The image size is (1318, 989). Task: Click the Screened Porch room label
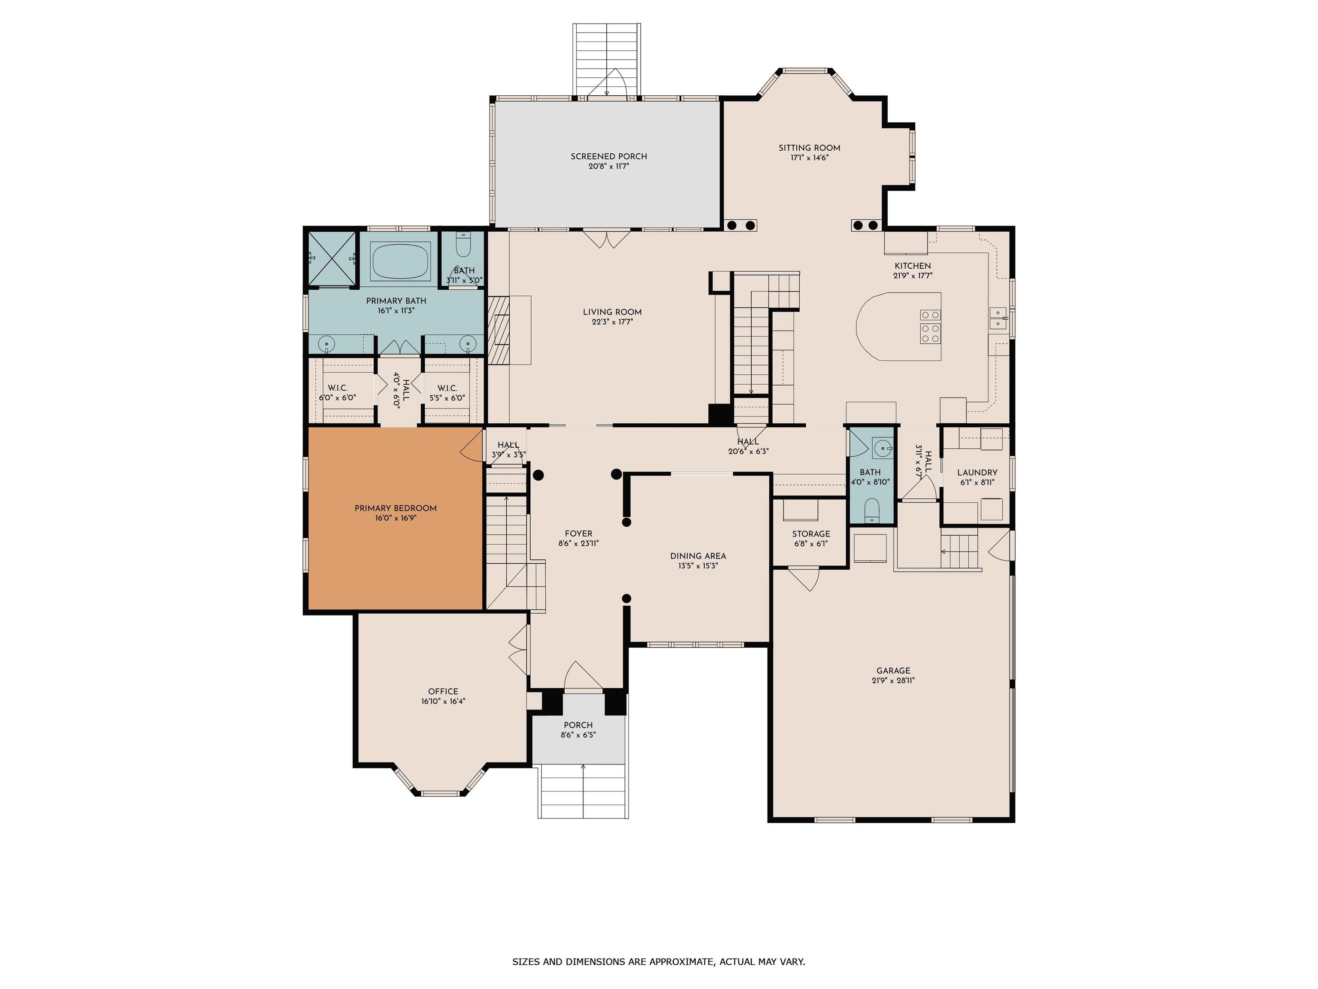(608, 156)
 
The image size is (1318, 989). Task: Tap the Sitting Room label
(809, 148)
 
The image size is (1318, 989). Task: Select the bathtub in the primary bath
(400, 260)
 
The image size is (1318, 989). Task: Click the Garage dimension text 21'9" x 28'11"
(892, 680)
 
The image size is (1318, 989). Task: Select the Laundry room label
(977, 473)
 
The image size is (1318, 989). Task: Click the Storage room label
(811, 534)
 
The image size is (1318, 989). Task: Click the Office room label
(443, 692)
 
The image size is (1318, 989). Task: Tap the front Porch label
(578, 725)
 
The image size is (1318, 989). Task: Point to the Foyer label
(579, 534)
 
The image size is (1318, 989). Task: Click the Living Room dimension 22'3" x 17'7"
(612, 322)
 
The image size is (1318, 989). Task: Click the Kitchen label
(912, 266)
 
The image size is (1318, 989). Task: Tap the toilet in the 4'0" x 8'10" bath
(872, 511)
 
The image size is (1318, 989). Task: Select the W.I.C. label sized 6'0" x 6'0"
(337, 388)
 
